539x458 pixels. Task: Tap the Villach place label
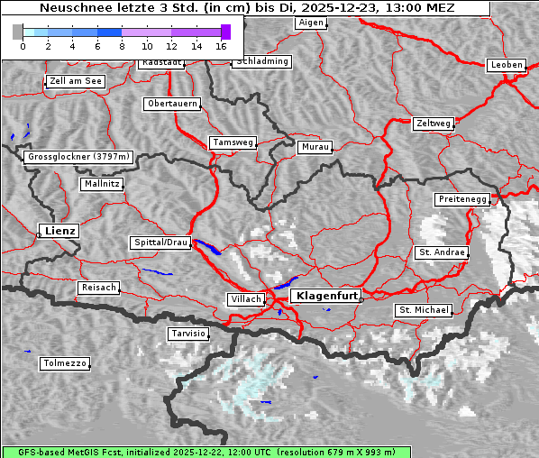pos(244,298)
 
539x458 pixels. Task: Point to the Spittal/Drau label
pos(161,243)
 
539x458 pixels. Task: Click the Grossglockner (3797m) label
pos(79,157)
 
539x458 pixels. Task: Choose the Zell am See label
pos(76,81)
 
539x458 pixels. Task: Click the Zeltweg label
pos(433,123)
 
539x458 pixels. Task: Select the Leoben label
pos(506,65)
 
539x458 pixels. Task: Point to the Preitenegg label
pos(463,198)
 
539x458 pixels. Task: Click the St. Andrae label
pos(441,252)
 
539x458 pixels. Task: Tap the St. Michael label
pos(424,310)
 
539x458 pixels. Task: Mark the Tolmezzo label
pos(65,363)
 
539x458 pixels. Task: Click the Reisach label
pos(98,288)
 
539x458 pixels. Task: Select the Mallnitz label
pos(101,184)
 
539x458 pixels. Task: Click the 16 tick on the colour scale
pos(221,45)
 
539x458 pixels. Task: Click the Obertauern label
pos(171,104)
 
